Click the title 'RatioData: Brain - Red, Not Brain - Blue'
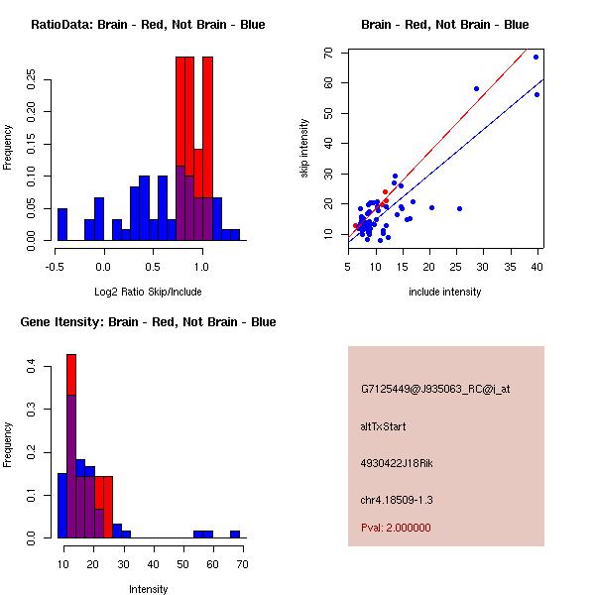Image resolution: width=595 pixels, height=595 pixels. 148,25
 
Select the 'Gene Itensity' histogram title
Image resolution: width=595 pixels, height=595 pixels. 148,322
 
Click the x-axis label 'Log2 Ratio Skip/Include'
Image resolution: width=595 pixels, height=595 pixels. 148,292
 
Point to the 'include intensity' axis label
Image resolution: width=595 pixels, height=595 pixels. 445,292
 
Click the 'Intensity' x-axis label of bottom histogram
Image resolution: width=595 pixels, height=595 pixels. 149,589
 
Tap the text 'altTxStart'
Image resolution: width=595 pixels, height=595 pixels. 384,427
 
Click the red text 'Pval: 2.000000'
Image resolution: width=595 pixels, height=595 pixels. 396,528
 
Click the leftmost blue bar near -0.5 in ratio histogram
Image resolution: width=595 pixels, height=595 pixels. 62,224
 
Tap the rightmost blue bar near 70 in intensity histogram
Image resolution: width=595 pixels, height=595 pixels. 235,534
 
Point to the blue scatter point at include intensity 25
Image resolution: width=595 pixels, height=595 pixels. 459,208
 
